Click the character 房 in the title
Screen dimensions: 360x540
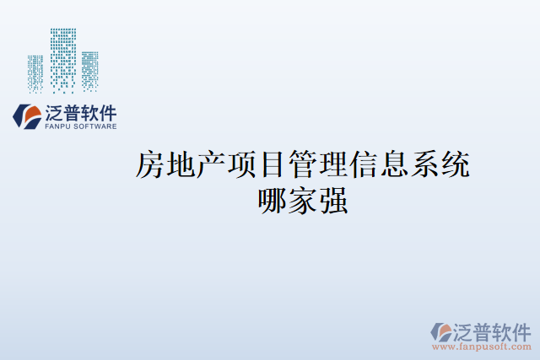coord(150,165)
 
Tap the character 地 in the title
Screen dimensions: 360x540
coord(181,165)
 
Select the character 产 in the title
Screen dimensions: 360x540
coord(211,165)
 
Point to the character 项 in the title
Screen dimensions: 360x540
coord(241,165)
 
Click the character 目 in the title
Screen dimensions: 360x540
coord(272,165)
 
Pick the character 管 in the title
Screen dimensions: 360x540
coord(302,165)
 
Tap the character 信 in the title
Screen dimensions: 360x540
coord(363,165)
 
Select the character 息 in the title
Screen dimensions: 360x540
coord(393,165)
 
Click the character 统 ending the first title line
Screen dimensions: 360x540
coord(454,165)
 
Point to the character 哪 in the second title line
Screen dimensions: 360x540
coord(273,201)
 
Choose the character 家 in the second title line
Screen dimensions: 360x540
coord(303,201)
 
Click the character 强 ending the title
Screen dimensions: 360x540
coord(333,201)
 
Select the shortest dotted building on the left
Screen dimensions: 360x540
coord(35,73)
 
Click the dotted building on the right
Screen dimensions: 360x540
coord(89,70)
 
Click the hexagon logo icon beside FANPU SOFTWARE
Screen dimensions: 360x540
coord(28,116)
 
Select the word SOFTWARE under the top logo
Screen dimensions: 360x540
coord(94,126)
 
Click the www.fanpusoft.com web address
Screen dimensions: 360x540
coord(481,346)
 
